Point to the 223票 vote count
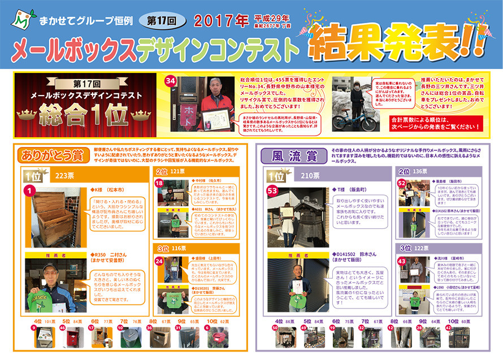63,176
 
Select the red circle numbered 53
272,192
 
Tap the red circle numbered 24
159,261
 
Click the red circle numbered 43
402,262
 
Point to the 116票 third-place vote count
179,248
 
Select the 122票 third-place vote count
422,248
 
